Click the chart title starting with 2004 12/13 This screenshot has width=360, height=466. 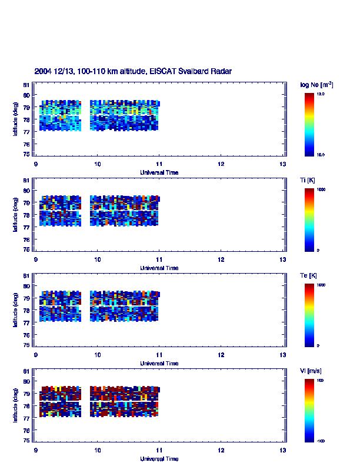pyautogui.click(x=133, y=71)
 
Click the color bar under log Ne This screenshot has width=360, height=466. pyautogui.click(x=309, y=124)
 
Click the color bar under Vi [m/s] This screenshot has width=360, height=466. pyautogui.click(x=309, y=410)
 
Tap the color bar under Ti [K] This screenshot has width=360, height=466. pyautogui.click(x=309, y=219)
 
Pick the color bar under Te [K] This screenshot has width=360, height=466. pyautogui.click(x=309, y=315)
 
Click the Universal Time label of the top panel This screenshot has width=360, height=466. pyautogui.click(x=159, y=172)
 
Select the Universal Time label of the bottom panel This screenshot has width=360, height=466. pyautogui.click(x=159, y=458)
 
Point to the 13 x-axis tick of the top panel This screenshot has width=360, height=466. pyautogui.click(x=282, y=165)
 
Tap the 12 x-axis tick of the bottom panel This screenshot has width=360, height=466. pyautogui.click(x=221, y=451)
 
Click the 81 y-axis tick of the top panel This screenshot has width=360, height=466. pyautogui.click(x=26, y=85)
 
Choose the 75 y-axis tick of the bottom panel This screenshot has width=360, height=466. pyautogui.click(x=26, y=440)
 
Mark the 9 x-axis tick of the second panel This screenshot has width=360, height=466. pyautogui.click(x=36, y=260)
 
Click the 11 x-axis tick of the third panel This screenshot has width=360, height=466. pyautogui.click(x=159, y=355)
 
